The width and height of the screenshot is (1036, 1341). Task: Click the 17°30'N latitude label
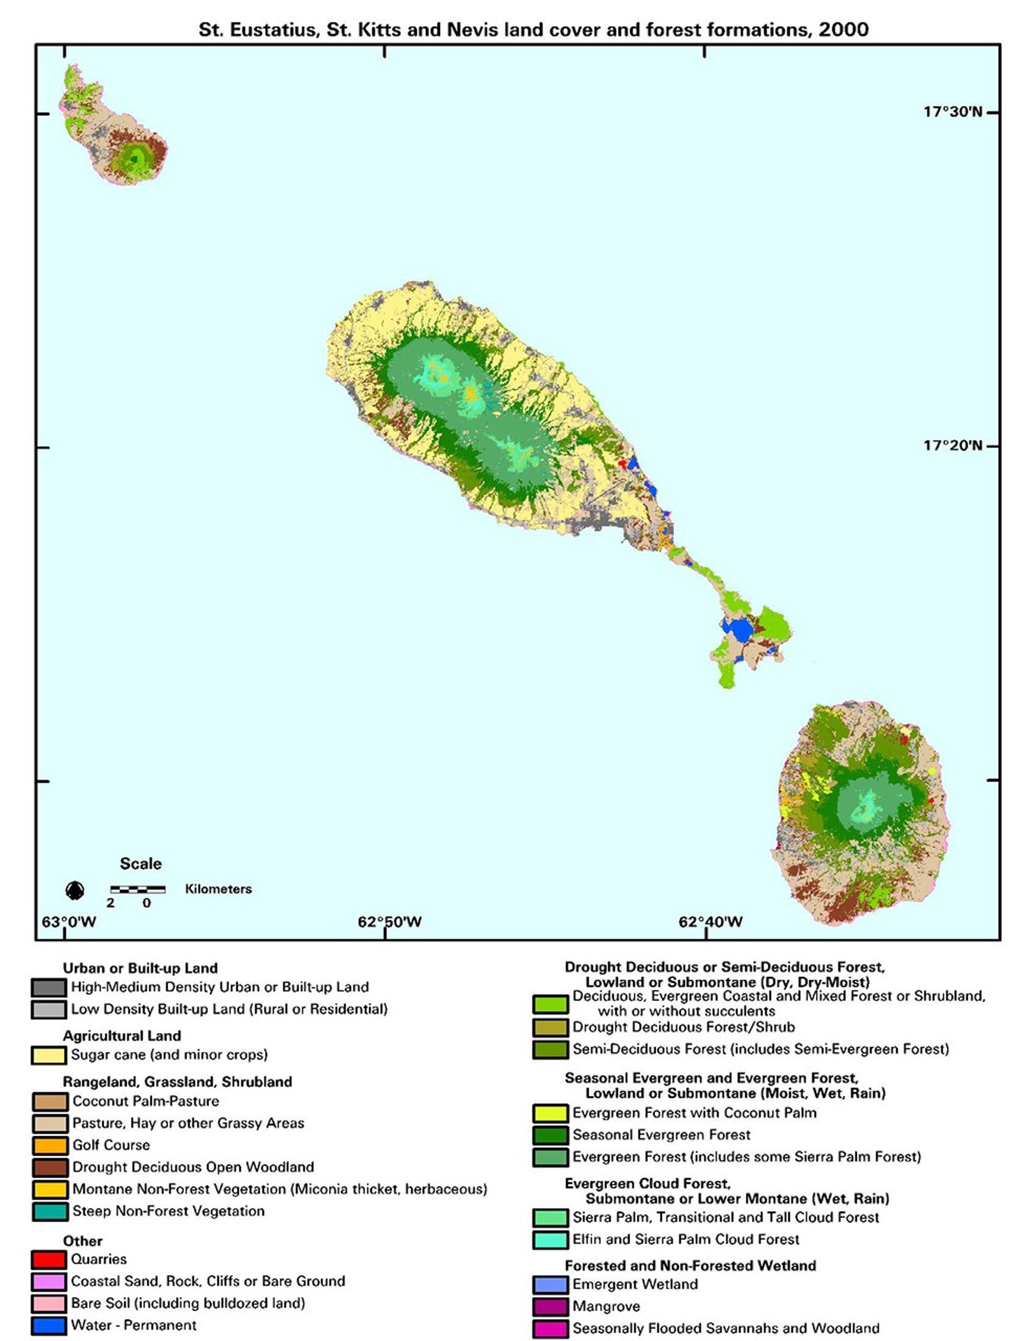point(953,112)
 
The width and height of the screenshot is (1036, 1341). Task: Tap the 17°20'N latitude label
point(953,445)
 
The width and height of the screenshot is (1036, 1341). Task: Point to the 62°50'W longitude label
point(390,922)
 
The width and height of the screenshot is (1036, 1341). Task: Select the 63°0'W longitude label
point(69,922)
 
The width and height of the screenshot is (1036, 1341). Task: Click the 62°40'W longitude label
point(710,922)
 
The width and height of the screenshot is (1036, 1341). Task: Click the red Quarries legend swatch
point(49,1259)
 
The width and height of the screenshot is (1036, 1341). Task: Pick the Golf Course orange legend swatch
point(50,1145)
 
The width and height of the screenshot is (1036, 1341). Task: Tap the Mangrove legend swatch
point(550,1307)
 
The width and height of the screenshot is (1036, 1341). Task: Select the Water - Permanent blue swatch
point(49,1325)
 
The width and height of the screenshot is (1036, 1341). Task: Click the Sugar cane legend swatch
point(49,1055)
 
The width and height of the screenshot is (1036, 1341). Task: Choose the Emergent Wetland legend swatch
point(550,1284)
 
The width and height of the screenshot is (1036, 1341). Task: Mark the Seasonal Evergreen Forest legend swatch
point(550,1135)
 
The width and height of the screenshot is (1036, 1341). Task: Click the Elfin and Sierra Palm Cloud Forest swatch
point(550,1240)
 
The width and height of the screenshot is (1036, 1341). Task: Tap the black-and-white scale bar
point(138,889)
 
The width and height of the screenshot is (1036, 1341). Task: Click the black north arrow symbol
point(75,890)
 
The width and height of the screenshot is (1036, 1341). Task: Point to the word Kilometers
point(219,889)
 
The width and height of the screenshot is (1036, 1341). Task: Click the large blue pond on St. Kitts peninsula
point(738,630)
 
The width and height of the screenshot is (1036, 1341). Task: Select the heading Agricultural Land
point(121,1036)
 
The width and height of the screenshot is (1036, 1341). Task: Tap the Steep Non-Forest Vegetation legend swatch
point(50,1211)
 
